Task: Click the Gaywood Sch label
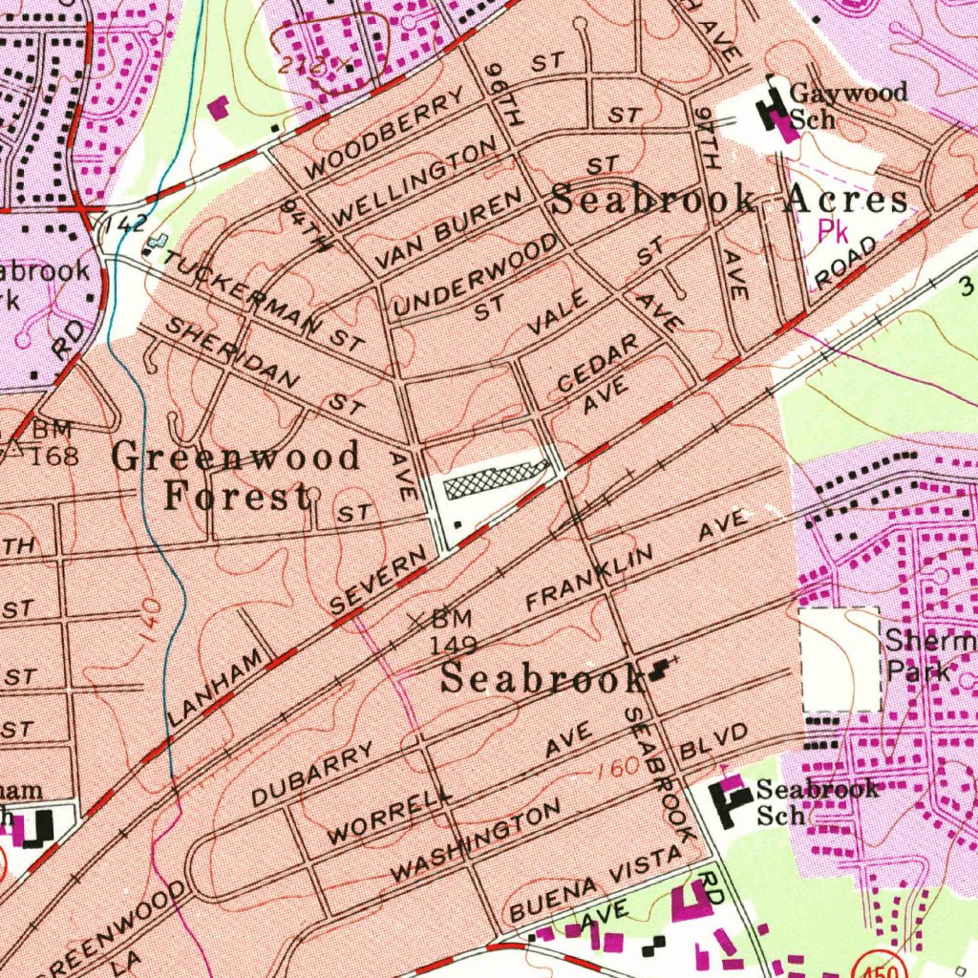coord(848,106)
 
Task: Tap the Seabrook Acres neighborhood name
coord(730,201)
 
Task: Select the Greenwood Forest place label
coord(236,476)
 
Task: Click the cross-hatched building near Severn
coord(495,478)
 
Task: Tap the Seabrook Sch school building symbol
coord(732,800)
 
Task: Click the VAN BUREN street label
coord(448,228)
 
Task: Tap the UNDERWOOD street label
coord(476,274)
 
